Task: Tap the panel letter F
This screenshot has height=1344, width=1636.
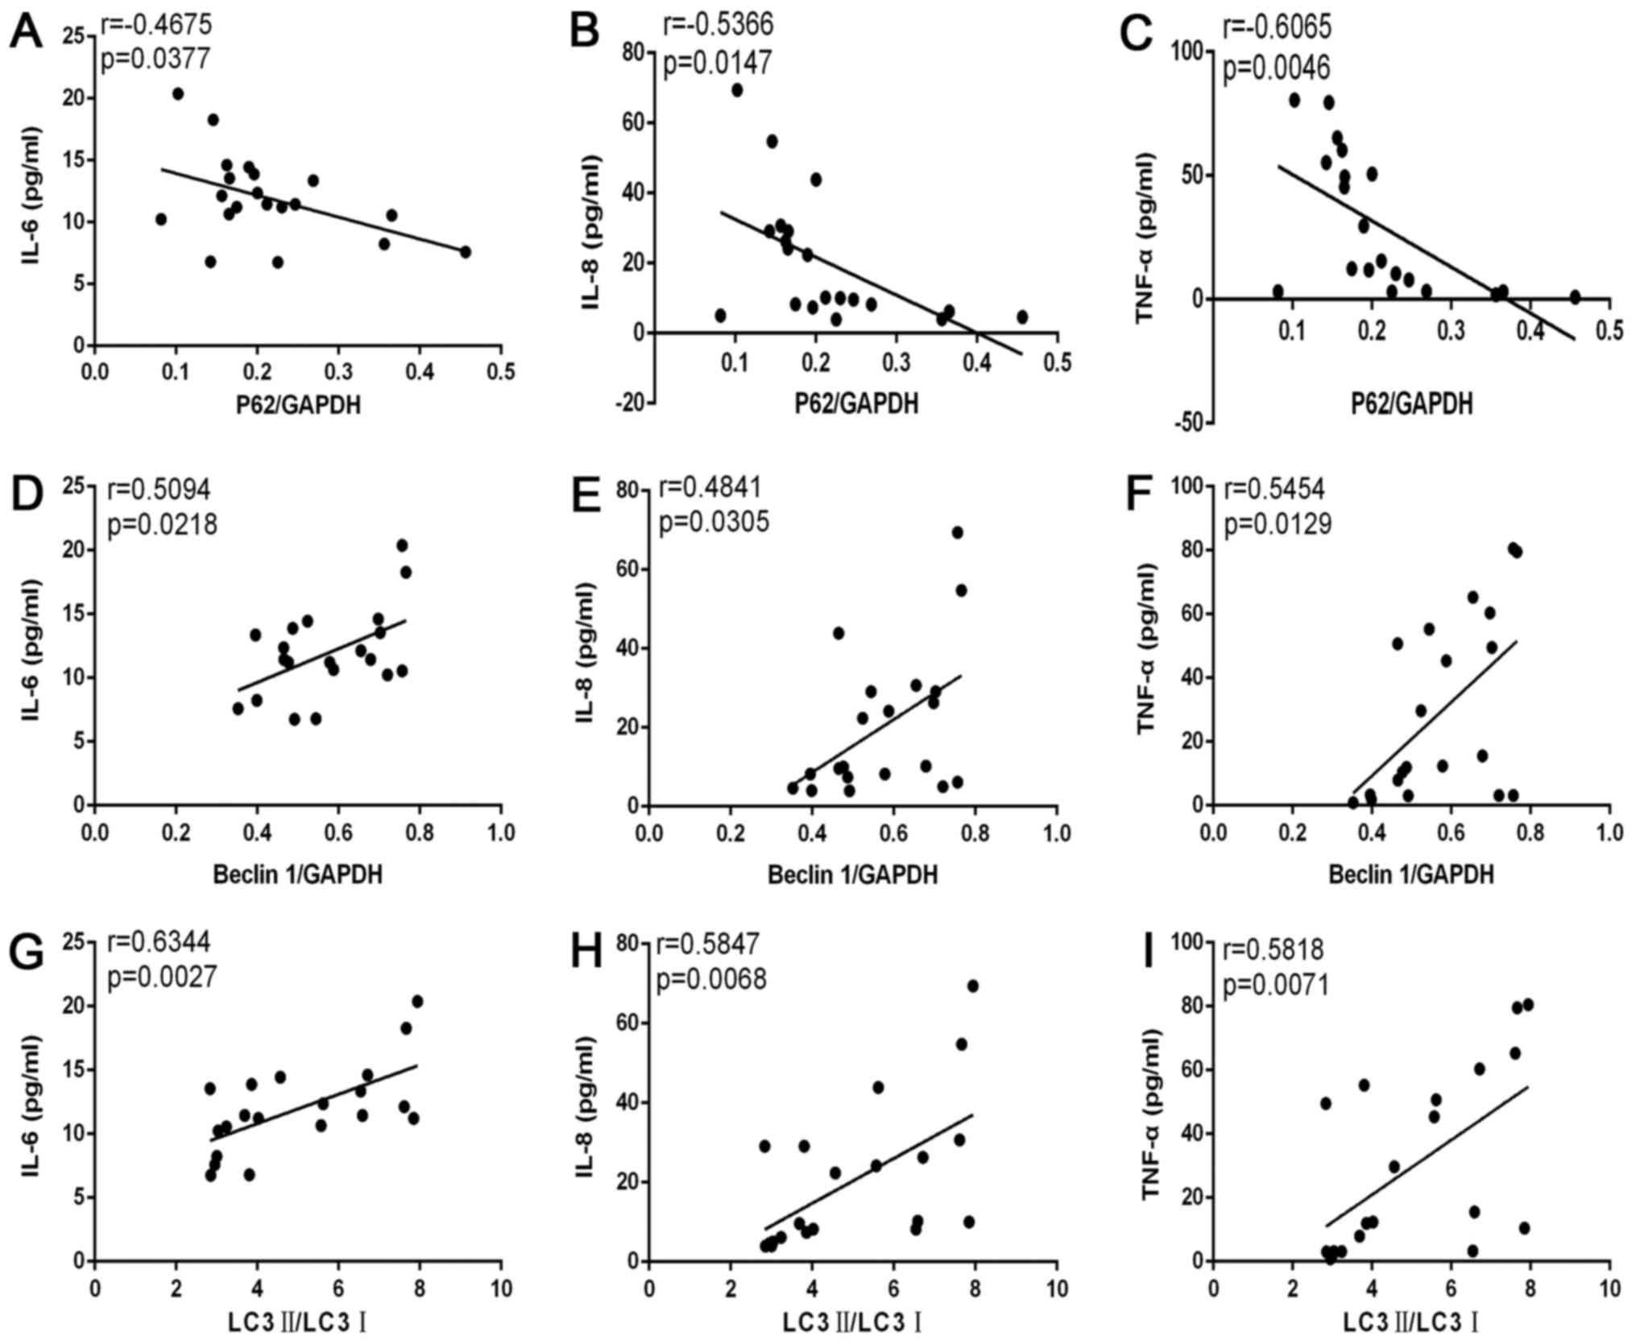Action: tap(1145, 496)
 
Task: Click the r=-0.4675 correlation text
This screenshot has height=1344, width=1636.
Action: tap(156, 25)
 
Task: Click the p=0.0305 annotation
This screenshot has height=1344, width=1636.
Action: tap(714, 522)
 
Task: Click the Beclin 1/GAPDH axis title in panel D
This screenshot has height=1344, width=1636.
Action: tap(297, 874)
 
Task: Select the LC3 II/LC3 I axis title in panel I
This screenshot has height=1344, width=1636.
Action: tap(1410, 1322)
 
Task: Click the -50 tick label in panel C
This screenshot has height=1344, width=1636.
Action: tap(1179, 424)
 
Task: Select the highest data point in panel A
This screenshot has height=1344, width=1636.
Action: tap(178, 94)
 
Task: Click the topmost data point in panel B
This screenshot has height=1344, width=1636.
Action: tap(736, 90)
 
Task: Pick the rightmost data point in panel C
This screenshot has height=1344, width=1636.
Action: tap(1575, 296)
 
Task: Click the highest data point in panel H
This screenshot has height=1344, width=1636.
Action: tap(972, 986)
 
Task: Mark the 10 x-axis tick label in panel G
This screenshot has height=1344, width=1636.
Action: tap(501, 1288)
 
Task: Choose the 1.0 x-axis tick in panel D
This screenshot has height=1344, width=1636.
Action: tap(501, 833)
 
